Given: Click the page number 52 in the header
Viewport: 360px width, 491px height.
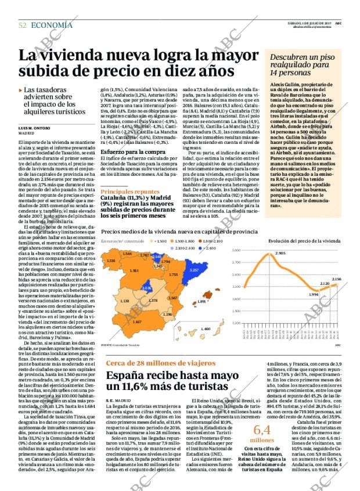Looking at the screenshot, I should coord(23,25).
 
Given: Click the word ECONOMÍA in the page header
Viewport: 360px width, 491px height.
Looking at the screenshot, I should coord(52,25).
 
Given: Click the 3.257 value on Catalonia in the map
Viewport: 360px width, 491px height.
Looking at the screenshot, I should coord(195,270).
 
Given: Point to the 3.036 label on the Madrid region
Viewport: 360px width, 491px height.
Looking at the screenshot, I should coord(146,288).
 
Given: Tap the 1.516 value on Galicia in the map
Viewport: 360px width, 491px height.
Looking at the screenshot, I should coord(111,261).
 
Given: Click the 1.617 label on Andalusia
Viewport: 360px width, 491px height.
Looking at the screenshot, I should coord(137,321).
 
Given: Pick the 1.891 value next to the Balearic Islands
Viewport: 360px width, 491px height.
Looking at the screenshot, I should coord(201,302).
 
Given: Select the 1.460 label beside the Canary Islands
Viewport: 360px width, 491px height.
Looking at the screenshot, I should coord(205,329).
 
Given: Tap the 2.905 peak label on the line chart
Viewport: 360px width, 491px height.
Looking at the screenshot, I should coord(280,254).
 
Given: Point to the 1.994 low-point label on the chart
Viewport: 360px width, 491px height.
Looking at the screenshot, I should coord(314,295).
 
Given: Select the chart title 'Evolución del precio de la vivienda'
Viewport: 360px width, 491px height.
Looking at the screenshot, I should coord(312,240).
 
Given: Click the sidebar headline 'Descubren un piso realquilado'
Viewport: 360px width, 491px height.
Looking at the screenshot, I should coord(305,62).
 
